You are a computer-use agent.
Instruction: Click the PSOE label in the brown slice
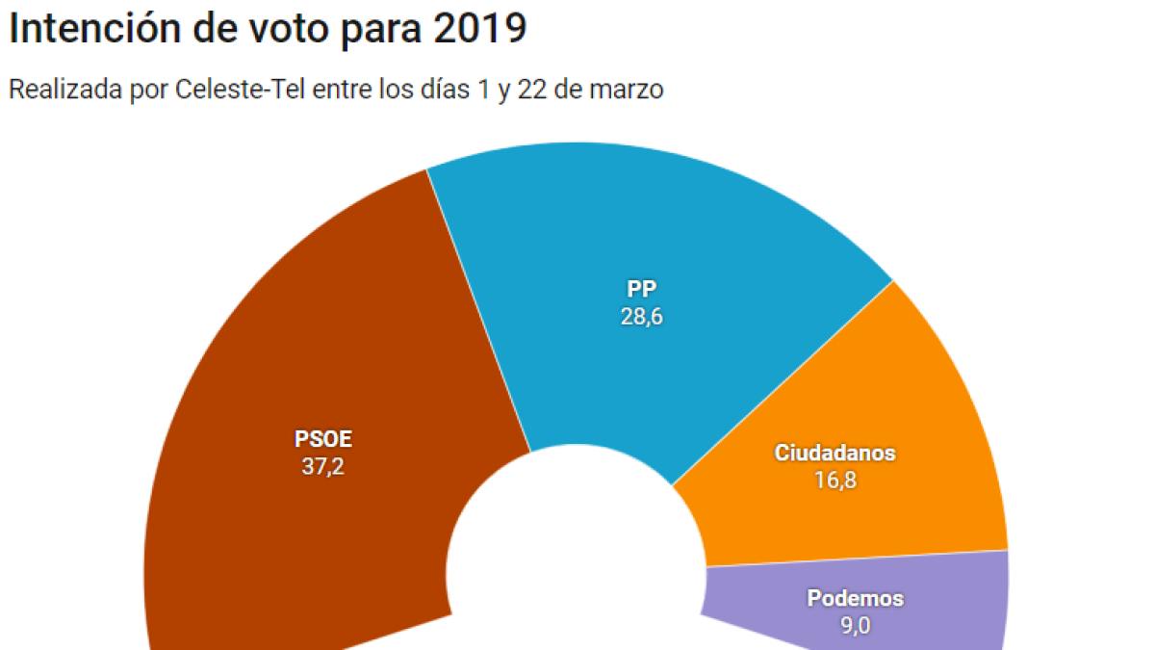coord(323,440)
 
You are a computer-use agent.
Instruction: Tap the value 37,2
coord(323,468)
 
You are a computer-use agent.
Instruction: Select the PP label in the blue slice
coord(641,289)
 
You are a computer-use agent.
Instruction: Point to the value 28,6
coord(641,317)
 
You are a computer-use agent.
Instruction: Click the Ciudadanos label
coord(834,453)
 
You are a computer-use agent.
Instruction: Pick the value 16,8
coord(834,480)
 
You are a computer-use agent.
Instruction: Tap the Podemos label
coord(855,598)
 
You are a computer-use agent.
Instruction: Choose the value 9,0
coord(855,626)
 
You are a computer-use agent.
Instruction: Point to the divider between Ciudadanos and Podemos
coord(857,559)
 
